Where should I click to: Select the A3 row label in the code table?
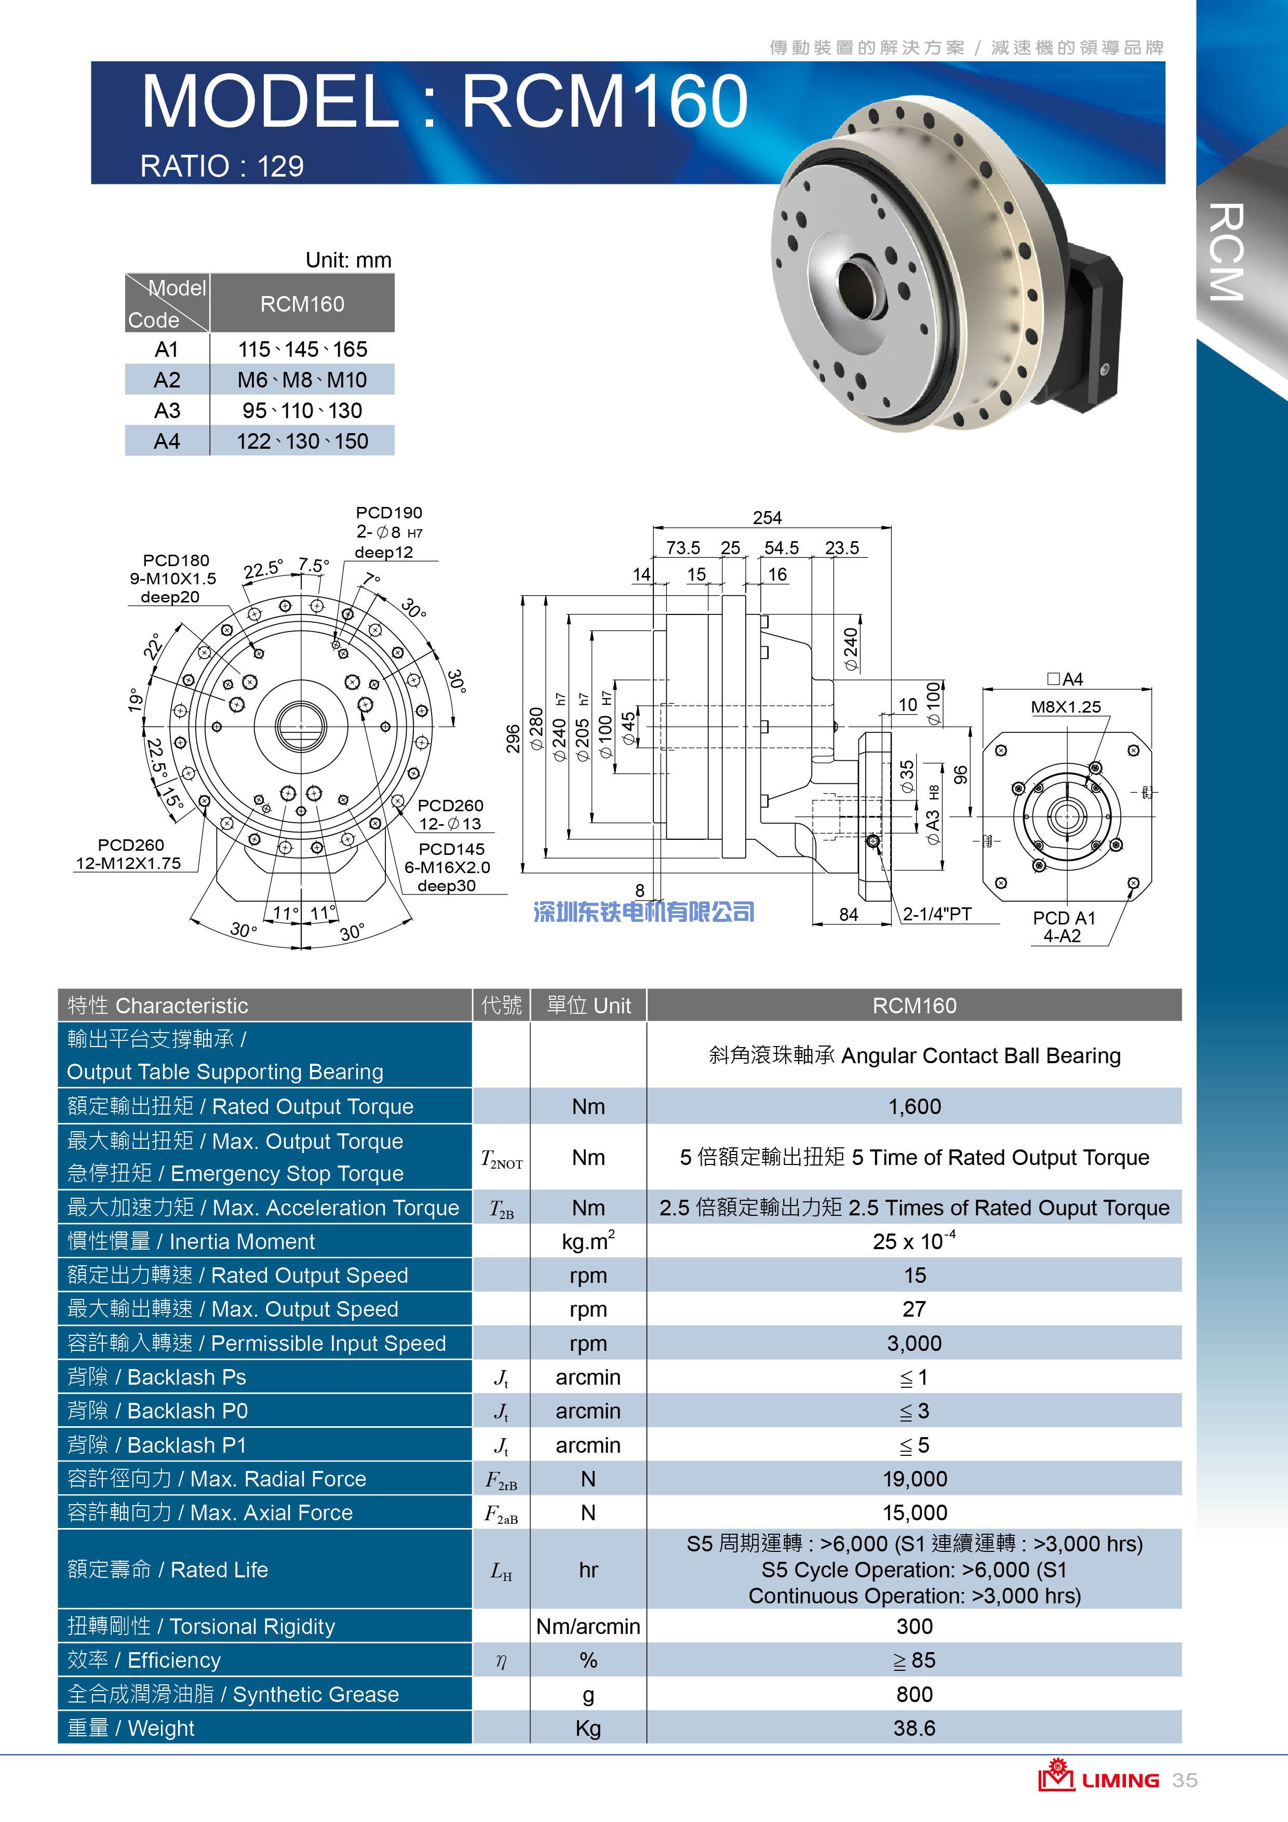tap(167, 410)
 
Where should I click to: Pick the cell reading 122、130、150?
tap(302, 441)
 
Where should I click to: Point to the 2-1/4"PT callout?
tap(937, 914)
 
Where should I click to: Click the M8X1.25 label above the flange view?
tap(1066, 706)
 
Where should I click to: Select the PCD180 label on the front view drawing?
tap(176, 560)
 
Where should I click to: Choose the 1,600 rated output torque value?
tap(914, 1106)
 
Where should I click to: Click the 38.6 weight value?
tap(914, 1727)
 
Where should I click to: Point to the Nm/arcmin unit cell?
tap(588, 1626)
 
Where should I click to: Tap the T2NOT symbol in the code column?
tap(502, 1159)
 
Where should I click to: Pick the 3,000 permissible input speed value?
tap(914, 1343)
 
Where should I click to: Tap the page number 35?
tap(1185, 1780)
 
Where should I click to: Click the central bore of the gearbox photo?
tap(860, 287)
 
